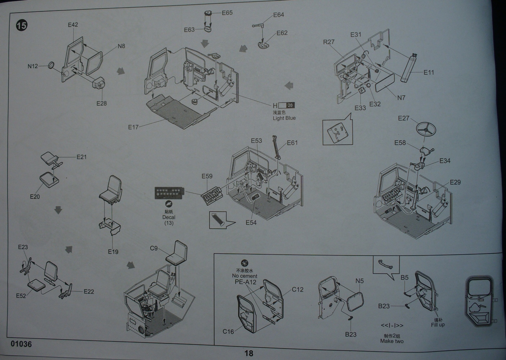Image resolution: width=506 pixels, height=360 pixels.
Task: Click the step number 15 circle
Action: pos(22,26)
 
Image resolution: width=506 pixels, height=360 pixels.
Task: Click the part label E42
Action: pos(73,25)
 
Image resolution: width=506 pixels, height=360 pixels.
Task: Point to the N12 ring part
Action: pos(51,65)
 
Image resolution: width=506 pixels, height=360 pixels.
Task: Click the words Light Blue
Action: pos(284,118)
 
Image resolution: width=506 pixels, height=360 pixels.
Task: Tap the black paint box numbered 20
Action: pos(290,105)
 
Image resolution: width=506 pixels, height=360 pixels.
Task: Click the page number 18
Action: pos(249,353)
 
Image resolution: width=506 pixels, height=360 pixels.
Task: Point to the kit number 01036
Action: pos(21,344)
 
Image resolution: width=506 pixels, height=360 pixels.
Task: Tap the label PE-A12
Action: pos(245,282)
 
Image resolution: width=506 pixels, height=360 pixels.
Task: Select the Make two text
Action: pos(392,341)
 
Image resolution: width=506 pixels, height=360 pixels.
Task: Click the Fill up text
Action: pos(438,325)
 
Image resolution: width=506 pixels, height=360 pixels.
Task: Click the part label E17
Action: pos(133,127)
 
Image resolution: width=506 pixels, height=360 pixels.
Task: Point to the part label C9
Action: pos(154,248)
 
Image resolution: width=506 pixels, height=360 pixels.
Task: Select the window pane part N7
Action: pos(385,82)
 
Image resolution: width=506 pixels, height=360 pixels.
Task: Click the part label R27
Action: pos(329,42)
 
